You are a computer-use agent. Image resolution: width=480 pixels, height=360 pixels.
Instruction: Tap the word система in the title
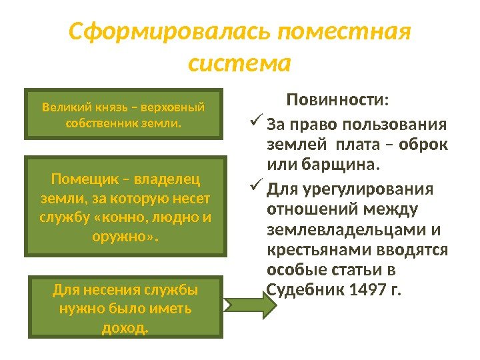(x=240, y=65)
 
